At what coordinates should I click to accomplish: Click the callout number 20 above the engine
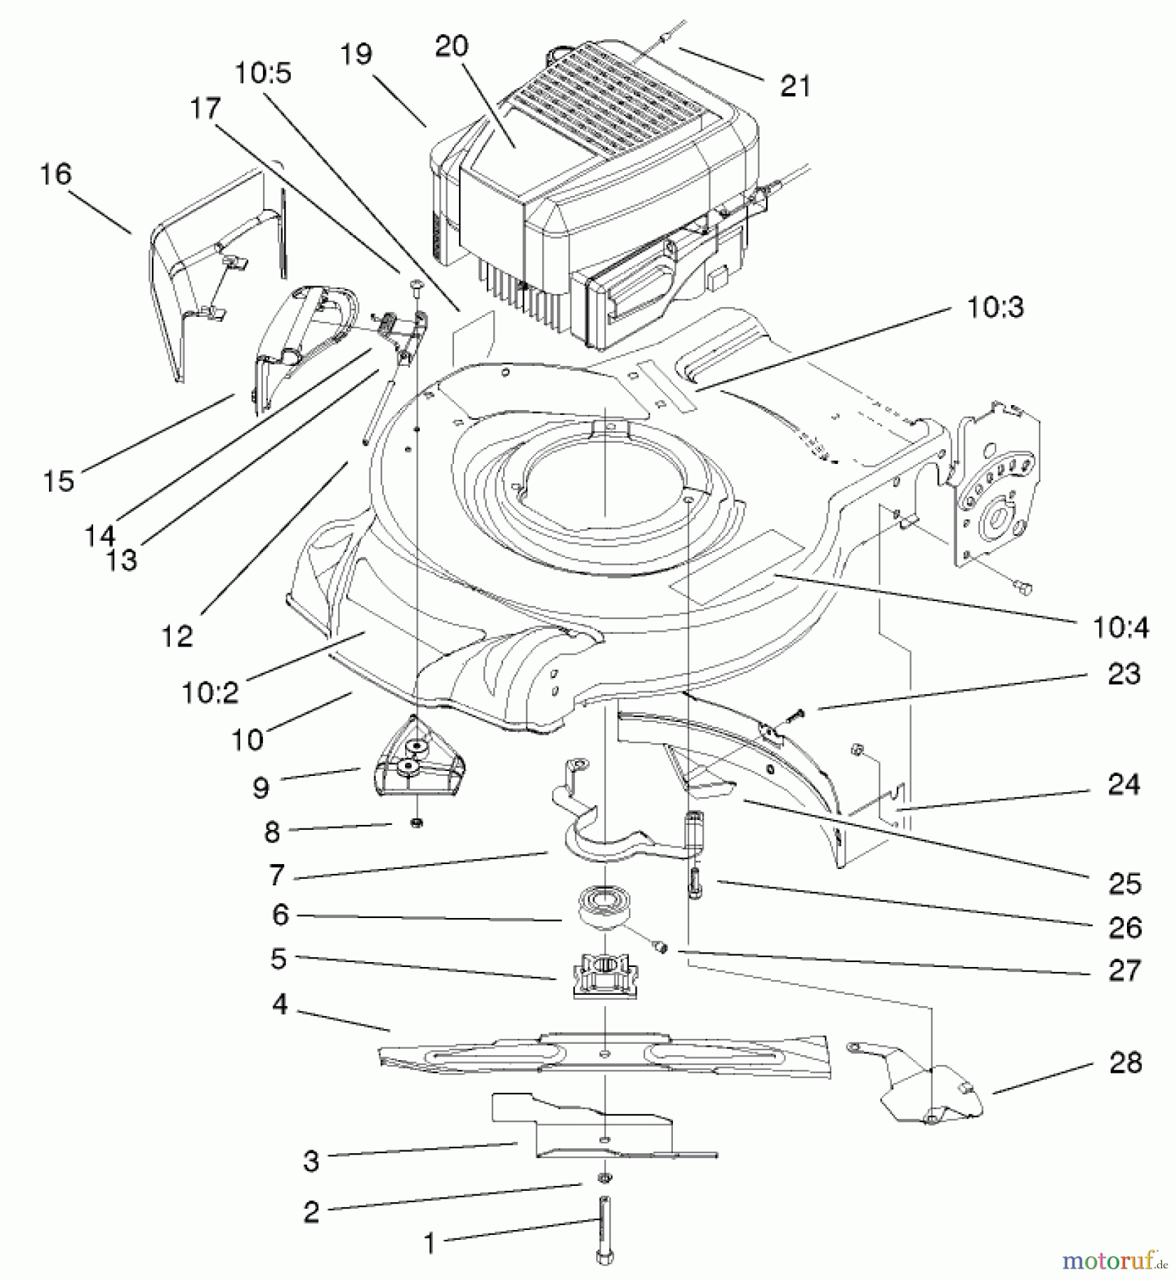[x=452, y=47]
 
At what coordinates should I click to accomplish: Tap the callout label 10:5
[x=263, y=73]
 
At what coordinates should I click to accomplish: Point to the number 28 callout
[x=1125, y=1063]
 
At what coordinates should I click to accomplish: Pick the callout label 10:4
[x=1121, y=628]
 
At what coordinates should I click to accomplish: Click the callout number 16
[x=56, y=175]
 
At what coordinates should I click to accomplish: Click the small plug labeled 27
[x=660, y=946]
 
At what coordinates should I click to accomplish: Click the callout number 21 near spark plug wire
[x=795, y=87]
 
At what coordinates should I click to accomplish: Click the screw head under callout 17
[x=416, y=286]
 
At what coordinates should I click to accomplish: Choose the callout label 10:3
[x=995, y=308]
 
